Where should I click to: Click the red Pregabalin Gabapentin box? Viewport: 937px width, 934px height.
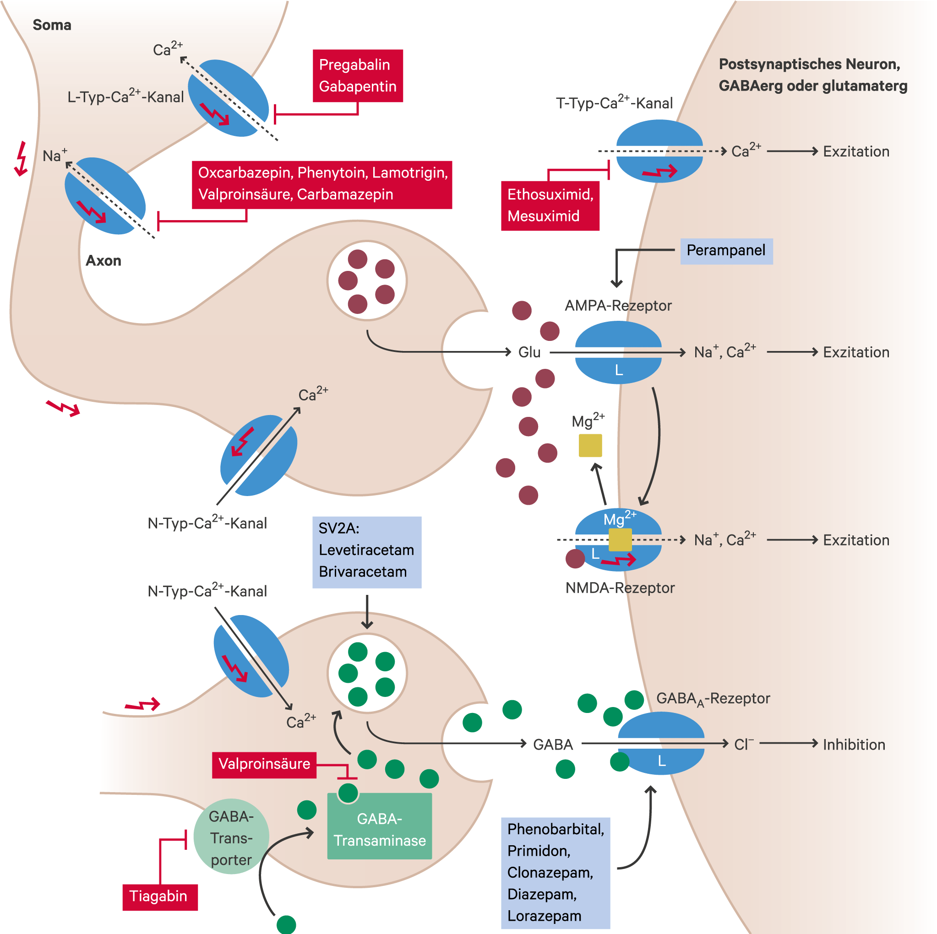pos(357,76)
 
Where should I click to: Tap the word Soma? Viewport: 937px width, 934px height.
pos(52,25)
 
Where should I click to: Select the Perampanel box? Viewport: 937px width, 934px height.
pos(726,251)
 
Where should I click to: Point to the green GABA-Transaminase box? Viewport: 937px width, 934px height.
pos(379,826)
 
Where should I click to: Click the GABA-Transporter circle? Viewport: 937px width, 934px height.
pos(231,836)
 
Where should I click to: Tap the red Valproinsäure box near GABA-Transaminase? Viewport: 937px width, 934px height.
pos(264,765)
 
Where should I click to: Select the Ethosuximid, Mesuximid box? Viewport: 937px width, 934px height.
pos(550,206)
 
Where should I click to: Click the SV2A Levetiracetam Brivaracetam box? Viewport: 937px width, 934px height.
pos(367,552)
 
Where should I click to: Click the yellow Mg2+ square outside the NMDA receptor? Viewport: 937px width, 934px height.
pos(590,445)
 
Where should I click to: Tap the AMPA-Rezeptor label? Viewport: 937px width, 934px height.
pos(618,306)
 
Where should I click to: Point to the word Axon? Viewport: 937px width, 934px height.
pos(104,261)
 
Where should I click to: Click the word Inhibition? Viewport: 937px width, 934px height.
pos(854,745)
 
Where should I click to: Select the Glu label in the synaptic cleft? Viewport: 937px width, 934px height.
pos(529,352)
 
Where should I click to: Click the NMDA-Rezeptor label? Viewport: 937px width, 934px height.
pos(620,588)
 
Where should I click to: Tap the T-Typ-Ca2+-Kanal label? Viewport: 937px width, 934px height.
pos(614,103)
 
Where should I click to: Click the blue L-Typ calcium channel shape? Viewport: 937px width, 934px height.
pos(228,98)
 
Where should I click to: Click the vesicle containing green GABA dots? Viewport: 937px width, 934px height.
pos(367,674)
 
